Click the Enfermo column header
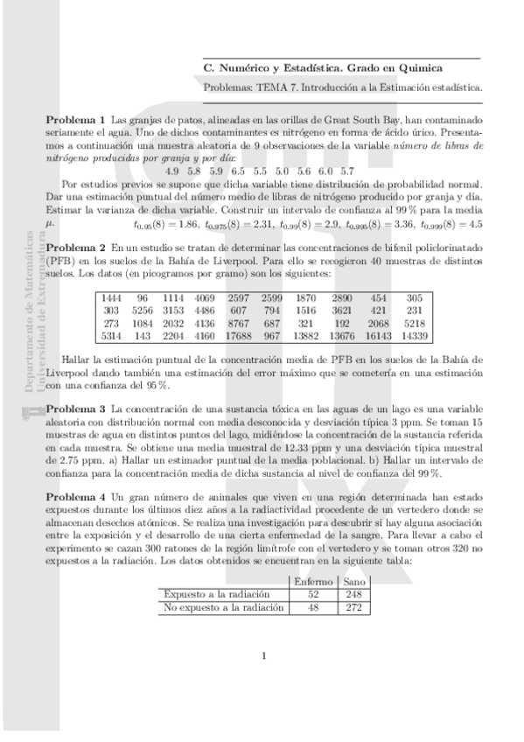click(312, 582)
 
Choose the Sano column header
click(353, 582)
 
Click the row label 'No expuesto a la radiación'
click(225, 606)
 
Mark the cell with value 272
click(353, 606)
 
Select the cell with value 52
click(312, 594)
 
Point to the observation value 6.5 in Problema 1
click(238, 171)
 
